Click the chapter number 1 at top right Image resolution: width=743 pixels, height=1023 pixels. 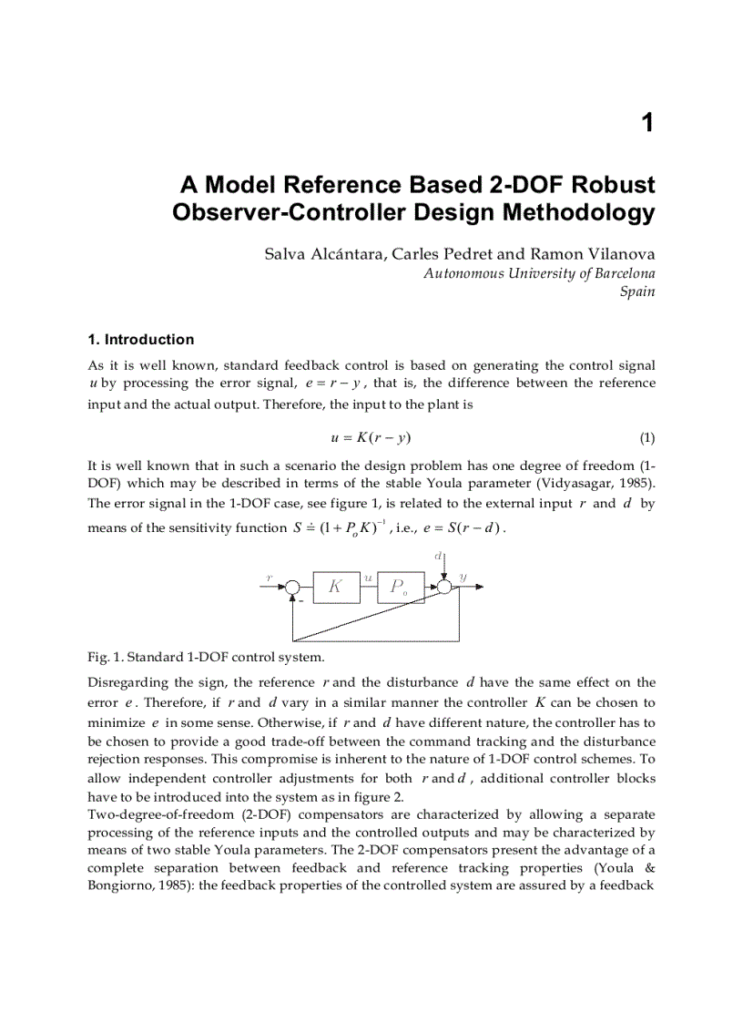(x=647, y=124)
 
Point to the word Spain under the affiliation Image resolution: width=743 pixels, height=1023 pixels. (x=636, y=292)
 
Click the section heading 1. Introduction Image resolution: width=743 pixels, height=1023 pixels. (x=140, y=340)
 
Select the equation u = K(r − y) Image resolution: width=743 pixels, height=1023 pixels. (x=376, y=437)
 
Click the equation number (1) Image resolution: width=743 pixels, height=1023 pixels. (x=646, y=437)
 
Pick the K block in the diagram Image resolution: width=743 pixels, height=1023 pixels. (x=335, y=588)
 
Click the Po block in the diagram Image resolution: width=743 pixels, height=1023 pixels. (x=399, y=588)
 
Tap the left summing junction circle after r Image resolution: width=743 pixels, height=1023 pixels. (x=292, y=588)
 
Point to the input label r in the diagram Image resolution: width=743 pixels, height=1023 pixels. (x=269, y=578)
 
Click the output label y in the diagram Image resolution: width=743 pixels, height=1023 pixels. (x=463, y=578)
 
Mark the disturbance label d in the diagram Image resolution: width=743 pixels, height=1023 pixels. (x=438, y=554)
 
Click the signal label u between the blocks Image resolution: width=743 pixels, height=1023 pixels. (x=367, y=578)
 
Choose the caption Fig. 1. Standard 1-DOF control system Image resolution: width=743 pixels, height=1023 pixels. (x=206, y=656)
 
